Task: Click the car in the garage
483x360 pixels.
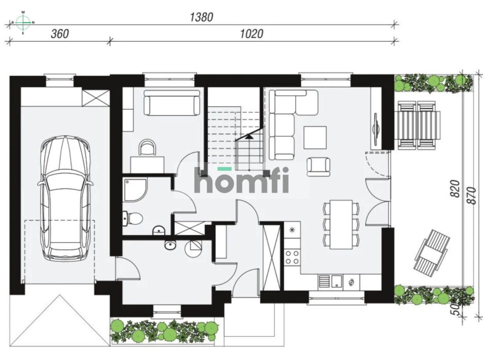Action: click(65, 199)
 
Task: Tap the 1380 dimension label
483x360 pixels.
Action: click(201, 18)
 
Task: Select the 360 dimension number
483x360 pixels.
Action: click(60, 34)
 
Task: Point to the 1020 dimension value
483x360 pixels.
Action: click(252, 34)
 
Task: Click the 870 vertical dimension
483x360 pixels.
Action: click(472, 196)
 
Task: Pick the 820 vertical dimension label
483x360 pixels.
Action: click(455, 189)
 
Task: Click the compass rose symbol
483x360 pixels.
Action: click(23, 23)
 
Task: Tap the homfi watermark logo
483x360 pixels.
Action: click(241, 180)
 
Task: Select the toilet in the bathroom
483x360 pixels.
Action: click(132, 218)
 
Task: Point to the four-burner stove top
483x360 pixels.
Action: click(292, 257)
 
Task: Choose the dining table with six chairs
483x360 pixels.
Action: click(341, 225)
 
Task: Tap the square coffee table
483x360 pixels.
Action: click(315, 138)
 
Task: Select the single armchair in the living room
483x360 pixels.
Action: click(318, 167)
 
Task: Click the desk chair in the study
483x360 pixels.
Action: click(147, 147)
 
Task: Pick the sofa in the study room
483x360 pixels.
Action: click(172, 103)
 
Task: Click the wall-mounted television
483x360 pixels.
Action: click(375, 129)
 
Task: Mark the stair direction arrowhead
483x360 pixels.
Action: click(249, 137)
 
